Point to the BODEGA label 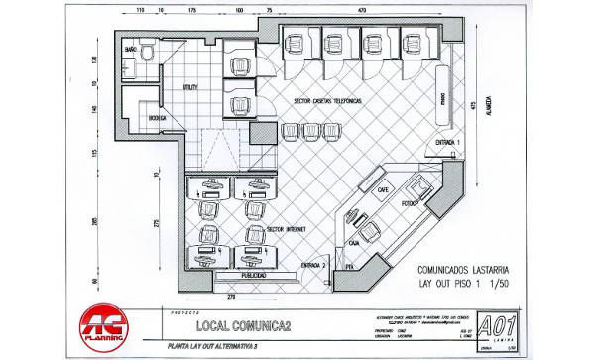point(156,118)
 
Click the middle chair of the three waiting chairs point(306,132)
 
